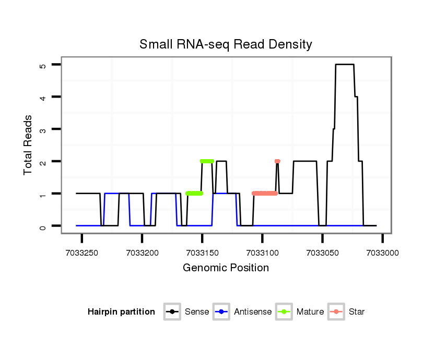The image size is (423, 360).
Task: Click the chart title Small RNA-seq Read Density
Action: (226, 44)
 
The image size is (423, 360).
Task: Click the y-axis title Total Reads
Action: (28, 145)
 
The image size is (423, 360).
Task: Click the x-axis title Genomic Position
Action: (226, 268)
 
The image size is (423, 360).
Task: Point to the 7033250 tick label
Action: (82, 253)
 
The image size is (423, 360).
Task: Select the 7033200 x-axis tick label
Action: (142, 253)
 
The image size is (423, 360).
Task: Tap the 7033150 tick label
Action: (202, 253)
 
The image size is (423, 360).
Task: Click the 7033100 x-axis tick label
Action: (262, 253)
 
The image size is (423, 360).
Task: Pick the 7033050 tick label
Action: (322, 253)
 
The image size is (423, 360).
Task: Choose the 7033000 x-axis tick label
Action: (382, 253)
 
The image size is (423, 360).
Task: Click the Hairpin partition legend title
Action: (121, 312)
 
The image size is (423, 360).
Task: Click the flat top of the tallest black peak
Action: (345, 64)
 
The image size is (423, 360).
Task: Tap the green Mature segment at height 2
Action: (207, 161)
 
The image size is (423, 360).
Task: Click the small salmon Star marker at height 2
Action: (277, 161)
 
